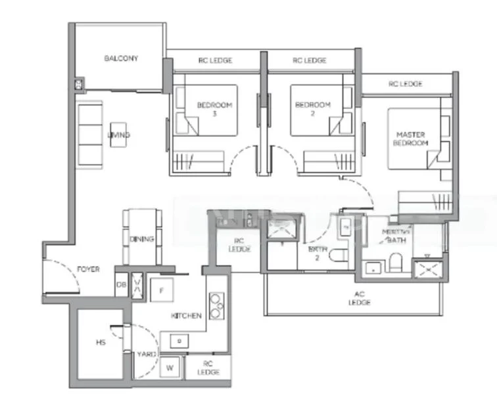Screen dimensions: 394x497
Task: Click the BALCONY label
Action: coord(121,58)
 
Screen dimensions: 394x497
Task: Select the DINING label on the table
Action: coord(141,239)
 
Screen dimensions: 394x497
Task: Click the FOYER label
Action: coord(88,270)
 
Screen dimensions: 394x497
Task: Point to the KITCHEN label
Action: coord(186,316)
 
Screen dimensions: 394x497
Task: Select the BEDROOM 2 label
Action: coord(312,109)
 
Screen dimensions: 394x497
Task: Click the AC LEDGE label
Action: coord(360,299)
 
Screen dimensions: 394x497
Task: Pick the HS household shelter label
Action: coord(101,343)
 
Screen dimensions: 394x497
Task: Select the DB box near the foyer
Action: coord(122,286)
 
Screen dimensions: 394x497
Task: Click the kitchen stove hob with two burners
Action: coord(216,305)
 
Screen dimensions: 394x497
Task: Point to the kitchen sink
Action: coord(178,341)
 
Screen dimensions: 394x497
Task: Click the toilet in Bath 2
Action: coord(339,257)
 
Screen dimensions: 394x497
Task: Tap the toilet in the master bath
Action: coord(395,262)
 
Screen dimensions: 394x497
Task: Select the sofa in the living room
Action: coord(90,134)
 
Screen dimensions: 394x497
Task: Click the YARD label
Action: coord(147,355)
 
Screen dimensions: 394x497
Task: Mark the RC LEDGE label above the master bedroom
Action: coord(405,84)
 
